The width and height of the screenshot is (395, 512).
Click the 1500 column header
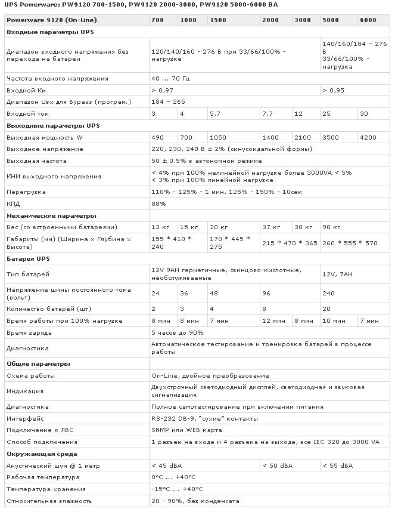point(219,20)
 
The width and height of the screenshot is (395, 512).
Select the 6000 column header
point(368,20)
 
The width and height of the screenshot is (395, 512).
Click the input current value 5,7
point(216,113)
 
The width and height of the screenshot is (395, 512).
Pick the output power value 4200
point(369,137)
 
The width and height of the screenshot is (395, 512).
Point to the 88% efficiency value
point(158,204)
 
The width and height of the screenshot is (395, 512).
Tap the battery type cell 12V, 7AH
point(337,274)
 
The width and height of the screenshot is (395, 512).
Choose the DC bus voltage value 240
point(328,293)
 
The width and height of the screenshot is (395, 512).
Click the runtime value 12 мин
point(273,320)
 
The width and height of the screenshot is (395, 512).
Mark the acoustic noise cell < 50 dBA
point(276,465)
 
